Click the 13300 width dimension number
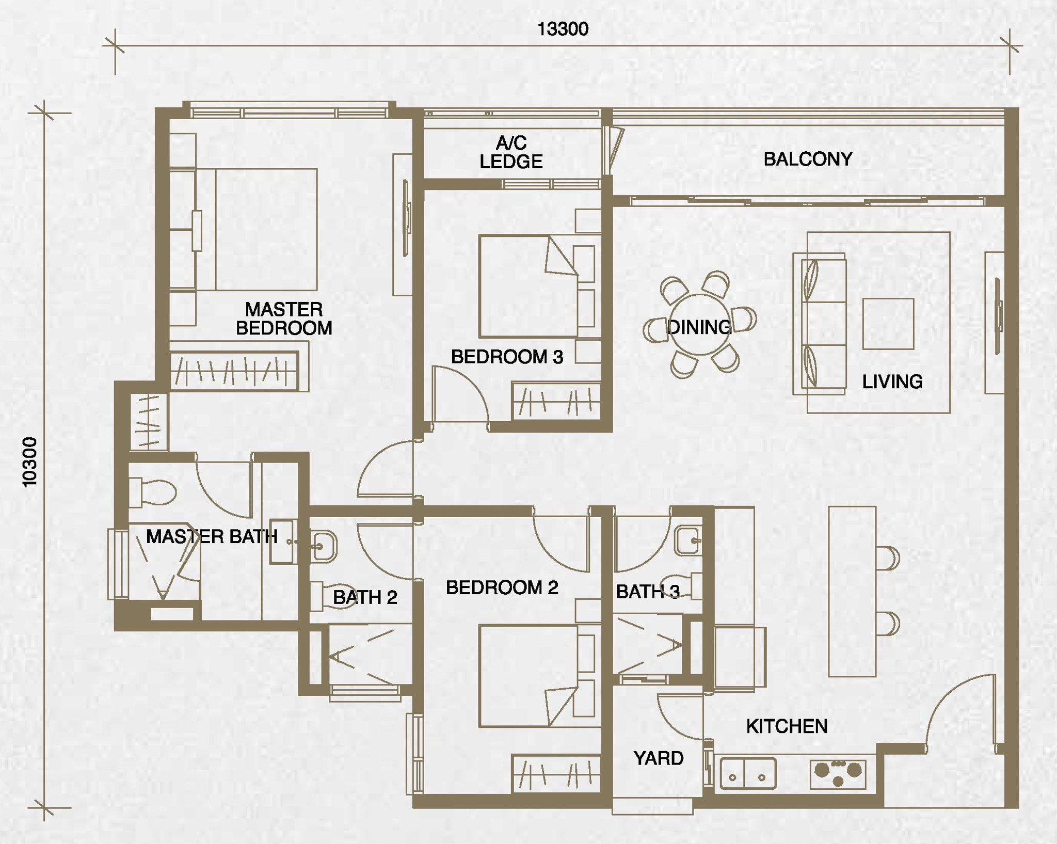click(x=563, y=29)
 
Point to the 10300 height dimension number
click(x=30, y=461)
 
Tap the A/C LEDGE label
click(x=511, y=152)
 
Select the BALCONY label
click(x=808, y=159)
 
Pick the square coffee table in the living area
click(x=888, y=324)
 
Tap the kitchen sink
click(x=748, y=773)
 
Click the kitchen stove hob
click(x=838, y=773)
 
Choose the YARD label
click(x=659, y=758)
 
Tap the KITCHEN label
click(x=787, y=726)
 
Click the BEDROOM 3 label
click(x=507, y=357)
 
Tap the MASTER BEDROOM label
click(x=284, y=319)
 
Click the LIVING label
click(x=892, y=381)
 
